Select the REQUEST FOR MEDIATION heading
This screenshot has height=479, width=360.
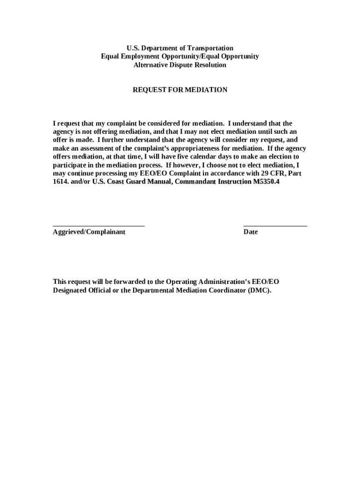click(180, 90)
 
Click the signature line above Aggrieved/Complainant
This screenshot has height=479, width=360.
click(99, 225)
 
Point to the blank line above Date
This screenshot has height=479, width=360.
click(275, 225)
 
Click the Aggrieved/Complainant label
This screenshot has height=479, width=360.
click(89, 232)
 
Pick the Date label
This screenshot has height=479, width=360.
click(250, 232)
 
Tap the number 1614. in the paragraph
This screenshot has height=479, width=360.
click(61, 181)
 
